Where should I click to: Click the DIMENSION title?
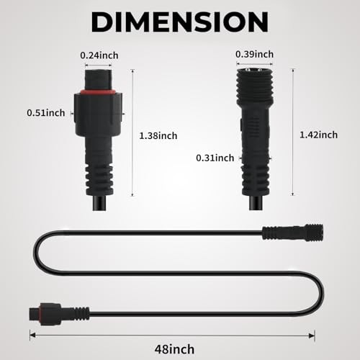(179, 22)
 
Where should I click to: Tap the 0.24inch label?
(99, 55)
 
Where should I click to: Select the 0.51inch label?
(46, 113)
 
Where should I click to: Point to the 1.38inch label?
(158, 136)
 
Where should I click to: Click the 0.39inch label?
(254, 54)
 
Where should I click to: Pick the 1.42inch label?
(318, 135)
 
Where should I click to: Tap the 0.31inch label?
(215, 158)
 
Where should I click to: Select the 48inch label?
(174, 349)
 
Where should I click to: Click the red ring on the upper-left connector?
(98, 91)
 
